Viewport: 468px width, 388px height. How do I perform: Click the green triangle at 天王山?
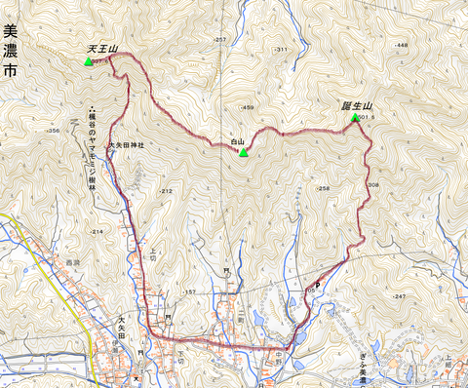[x=89, y=61]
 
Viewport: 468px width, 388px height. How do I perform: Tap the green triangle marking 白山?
[x=245, y=152]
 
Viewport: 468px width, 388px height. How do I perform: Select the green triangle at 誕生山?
[x=353, y=119]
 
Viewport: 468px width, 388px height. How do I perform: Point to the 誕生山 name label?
[x=359, y=105]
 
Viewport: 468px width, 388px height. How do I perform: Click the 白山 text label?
[x=237, y=142]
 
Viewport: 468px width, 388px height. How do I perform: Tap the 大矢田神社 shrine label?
[x=125, y=144]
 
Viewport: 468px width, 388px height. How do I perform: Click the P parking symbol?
[x=317, y=285]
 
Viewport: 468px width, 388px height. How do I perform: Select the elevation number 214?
[x=97, y=231]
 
